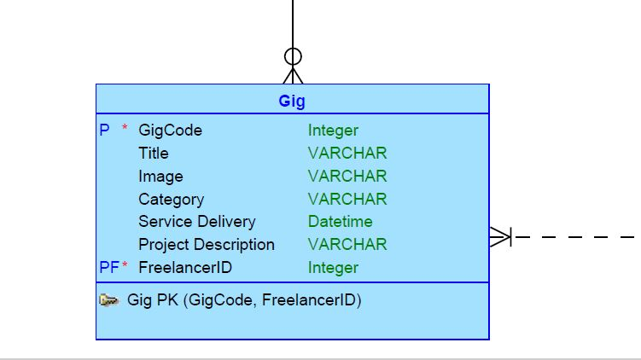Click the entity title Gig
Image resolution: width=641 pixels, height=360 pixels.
pos(292,101)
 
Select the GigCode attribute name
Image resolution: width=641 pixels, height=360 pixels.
pos(171,131)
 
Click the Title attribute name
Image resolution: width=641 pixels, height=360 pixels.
pos(154,154)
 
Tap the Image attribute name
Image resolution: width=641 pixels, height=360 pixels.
pos(160,177)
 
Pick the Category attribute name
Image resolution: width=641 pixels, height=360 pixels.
pos(172,200)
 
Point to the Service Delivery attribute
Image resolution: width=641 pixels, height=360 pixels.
pos(197,222)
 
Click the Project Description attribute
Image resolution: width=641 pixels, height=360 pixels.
pos(207,245)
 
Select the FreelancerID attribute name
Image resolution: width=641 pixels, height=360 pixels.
pos(185,268)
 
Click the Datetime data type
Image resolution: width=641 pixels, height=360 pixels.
pos(341,222)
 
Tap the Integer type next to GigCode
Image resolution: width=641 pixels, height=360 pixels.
pos(333,131)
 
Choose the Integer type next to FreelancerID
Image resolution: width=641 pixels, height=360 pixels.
pos(333,268)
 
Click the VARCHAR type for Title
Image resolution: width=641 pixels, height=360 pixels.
pos(347,154)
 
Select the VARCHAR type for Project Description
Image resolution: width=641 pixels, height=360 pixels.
pos(347,245)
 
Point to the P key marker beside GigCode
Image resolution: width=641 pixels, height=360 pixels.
pos(105,131)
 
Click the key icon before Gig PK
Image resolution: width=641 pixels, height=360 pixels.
pos(109,300)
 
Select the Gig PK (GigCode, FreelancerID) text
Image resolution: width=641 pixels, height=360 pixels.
pos(244,300)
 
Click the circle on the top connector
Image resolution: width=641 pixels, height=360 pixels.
pos(293,57)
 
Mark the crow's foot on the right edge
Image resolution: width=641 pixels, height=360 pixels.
pos(500,236)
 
